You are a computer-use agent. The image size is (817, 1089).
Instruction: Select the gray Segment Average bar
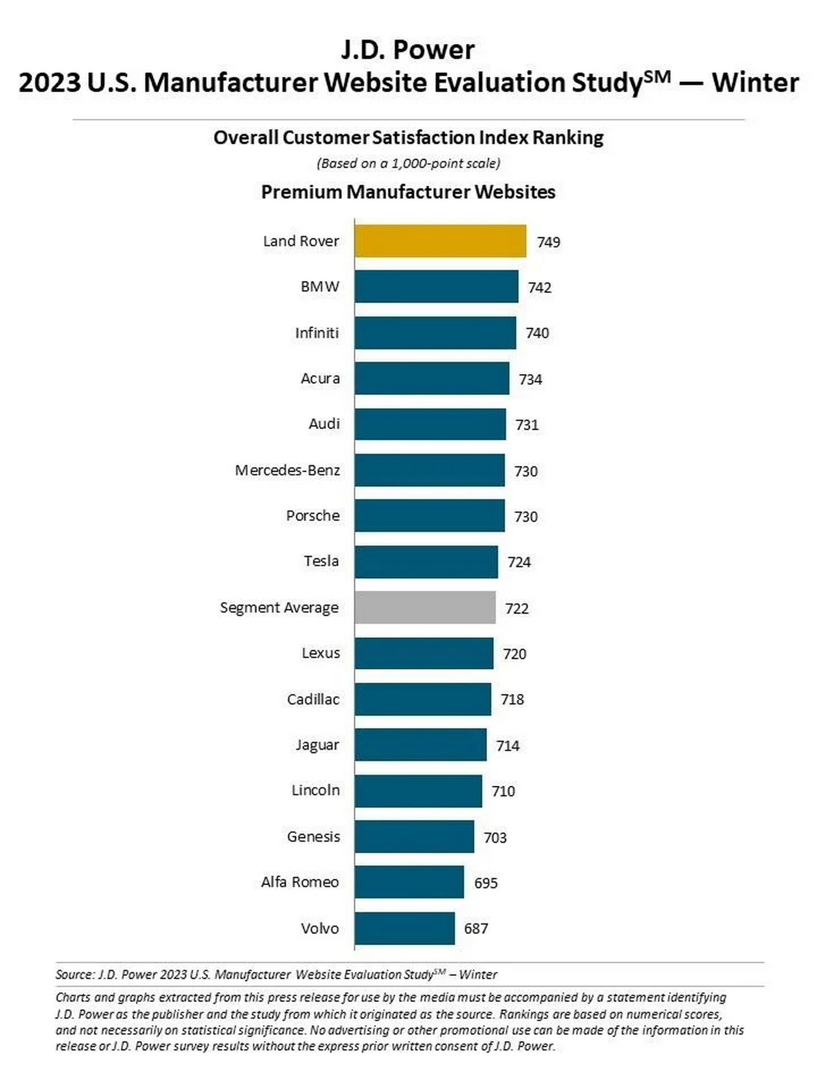click(425, 607)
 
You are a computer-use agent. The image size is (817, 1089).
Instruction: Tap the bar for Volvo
click(404, 928)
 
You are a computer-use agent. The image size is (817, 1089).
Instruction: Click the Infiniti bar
click(435, 333)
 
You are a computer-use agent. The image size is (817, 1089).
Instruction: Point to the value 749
click(548, 242)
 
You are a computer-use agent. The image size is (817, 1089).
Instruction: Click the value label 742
click(539, 288)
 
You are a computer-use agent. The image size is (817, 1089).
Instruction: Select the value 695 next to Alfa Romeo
click(486, 883)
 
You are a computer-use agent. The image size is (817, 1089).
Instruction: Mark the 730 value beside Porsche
click(526, 516)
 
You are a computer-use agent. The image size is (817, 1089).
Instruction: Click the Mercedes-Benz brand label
click(287, 470)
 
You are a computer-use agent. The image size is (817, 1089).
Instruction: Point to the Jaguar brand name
click(317, 745)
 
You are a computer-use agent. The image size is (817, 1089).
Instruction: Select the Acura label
click(320, 379)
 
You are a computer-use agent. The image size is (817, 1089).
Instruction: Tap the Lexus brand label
click(320, 653)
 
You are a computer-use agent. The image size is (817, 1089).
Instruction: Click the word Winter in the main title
click(755, 83)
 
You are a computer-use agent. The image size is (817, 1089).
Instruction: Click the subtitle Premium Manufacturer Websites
click(408, 191)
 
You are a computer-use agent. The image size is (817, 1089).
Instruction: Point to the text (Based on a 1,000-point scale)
click(408, 163)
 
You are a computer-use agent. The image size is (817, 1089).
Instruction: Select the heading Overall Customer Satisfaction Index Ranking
click(408, 137)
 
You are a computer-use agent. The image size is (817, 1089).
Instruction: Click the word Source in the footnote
click(74, 974)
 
